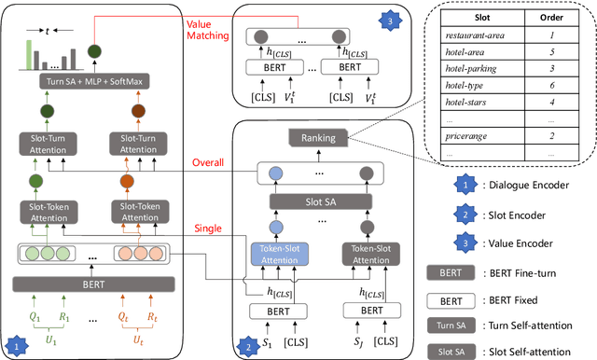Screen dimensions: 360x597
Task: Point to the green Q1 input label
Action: pos(35,314)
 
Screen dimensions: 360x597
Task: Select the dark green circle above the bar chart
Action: pos(94,51)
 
